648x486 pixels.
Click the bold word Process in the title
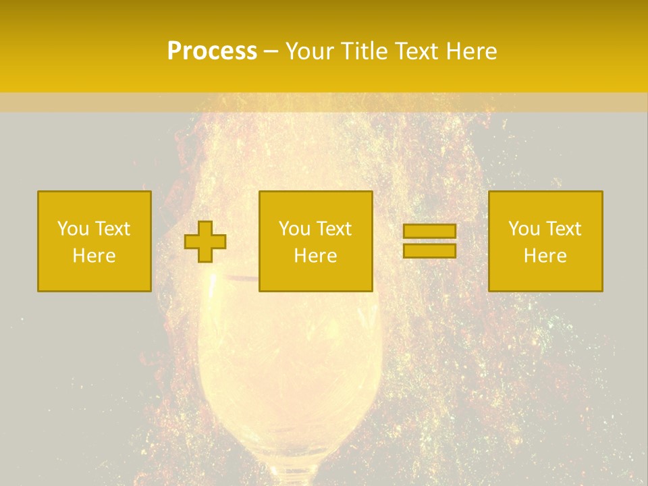212,51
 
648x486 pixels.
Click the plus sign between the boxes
205,242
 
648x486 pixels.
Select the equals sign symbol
429,241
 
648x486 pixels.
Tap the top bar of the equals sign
429,232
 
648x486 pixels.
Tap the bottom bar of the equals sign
429,250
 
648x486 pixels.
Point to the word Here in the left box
94,256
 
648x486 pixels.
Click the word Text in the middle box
334,229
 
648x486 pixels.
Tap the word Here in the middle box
315,256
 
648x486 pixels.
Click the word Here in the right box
545,256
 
